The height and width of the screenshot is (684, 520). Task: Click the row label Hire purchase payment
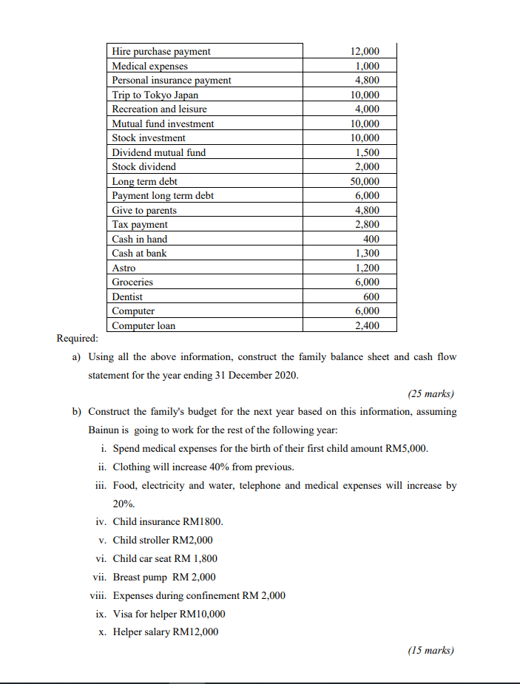[161, 51]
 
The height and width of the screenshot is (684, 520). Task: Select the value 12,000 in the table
[364, 51]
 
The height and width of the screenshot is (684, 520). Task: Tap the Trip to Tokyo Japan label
[155, 95]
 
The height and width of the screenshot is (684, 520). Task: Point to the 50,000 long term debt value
[364, 181]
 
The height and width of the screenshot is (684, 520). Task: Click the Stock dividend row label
[143, 166]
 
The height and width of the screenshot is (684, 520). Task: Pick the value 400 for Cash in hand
[371, 239]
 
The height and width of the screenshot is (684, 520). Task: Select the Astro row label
[124, 268]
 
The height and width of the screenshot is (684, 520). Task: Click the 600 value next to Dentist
[371, 297]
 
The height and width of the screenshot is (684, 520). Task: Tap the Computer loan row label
[143, 325]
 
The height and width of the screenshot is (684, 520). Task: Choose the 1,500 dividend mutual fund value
[366, 152]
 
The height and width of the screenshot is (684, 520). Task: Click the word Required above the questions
[77, 339]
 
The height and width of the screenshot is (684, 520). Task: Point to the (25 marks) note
[430, 393]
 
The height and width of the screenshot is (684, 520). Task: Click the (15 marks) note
[430, 651]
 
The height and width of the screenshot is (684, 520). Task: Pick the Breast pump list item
[164, 577]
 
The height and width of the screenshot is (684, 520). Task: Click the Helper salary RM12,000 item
[165, 631]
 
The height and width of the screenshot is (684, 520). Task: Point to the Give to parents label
[144, 210]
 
